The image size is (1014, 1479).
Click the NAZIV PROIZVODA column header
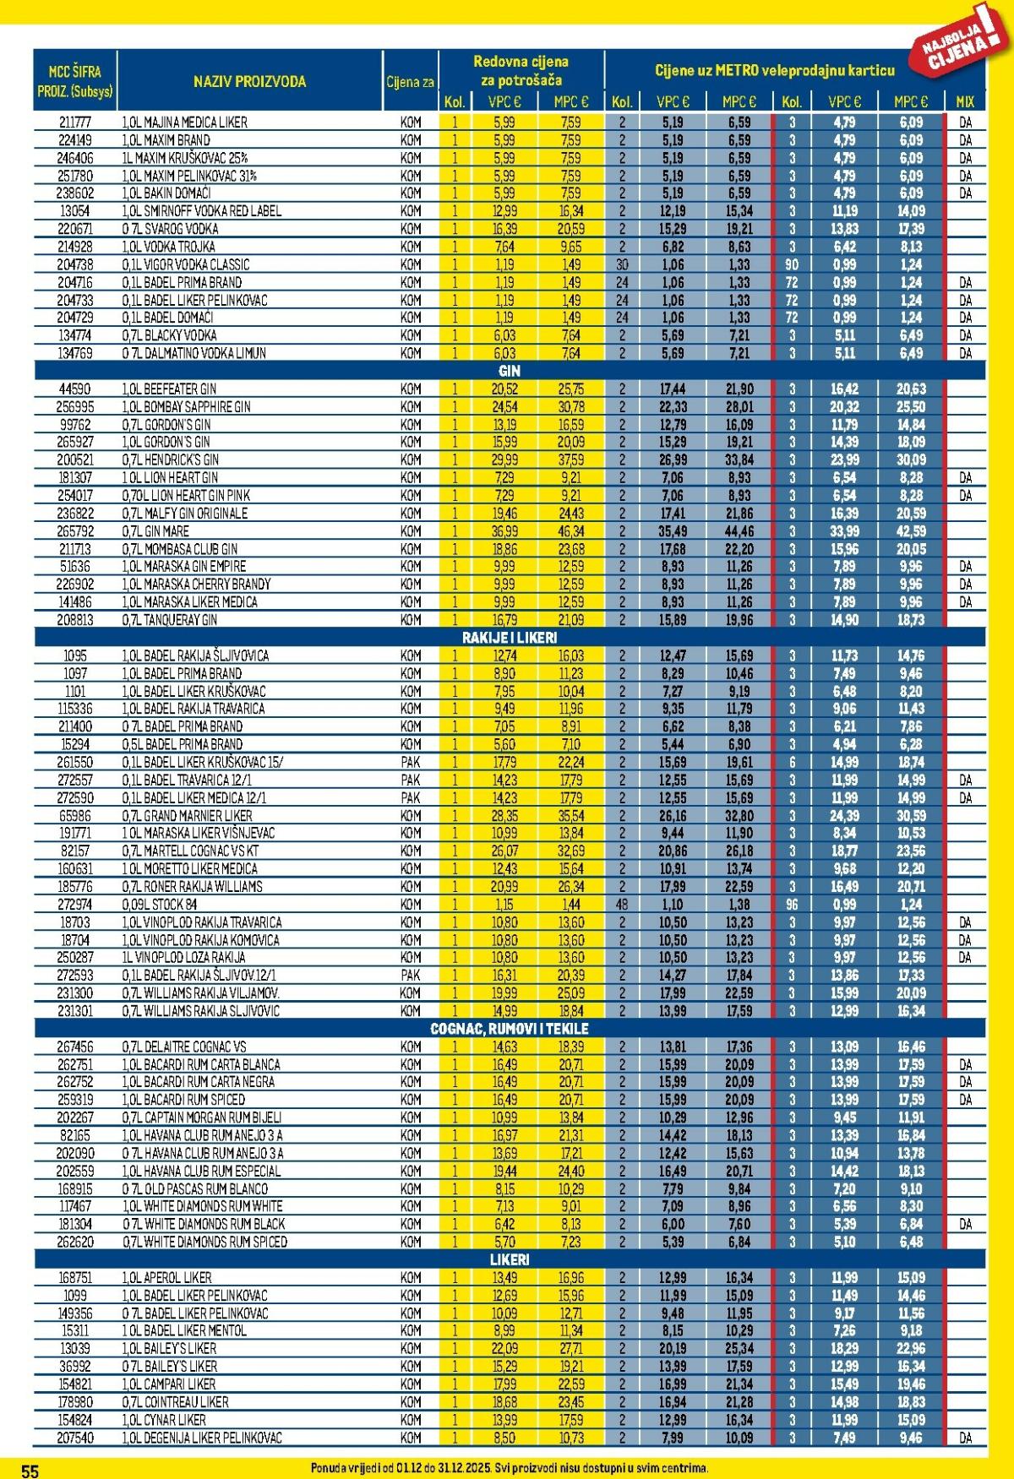[x=249, y=82]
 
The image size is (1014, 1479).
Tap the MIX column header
[x=965, y=101]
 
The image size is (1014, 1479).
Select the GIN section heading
[x=510, y=371]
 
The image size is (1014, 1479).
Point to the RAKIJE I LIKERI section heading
[x=510, y=638]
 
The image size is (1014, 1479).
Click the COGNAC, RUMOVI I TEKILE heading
[x=510, y=1029]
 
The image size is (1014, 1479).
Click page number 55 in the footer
[x=30, y=1471]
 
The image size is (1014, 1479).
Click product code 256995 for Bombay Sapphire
[x=75, y=406]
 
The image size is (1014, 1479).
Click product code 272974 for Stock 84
[x=75, y=904]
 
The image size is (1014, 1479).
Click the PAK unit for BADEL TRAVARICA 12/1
[x=411, y=780]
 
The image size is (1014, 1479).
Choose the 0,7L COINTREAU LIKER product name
[x=187, y=1401]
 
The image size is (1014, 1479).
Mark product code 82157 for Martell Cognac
[x=75, y=851]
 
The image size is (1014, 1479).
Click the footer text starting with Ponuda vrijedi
[x=510, y=1468]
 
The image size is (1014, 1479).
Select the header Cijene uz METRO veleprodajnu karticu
[x=774, y=70]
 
